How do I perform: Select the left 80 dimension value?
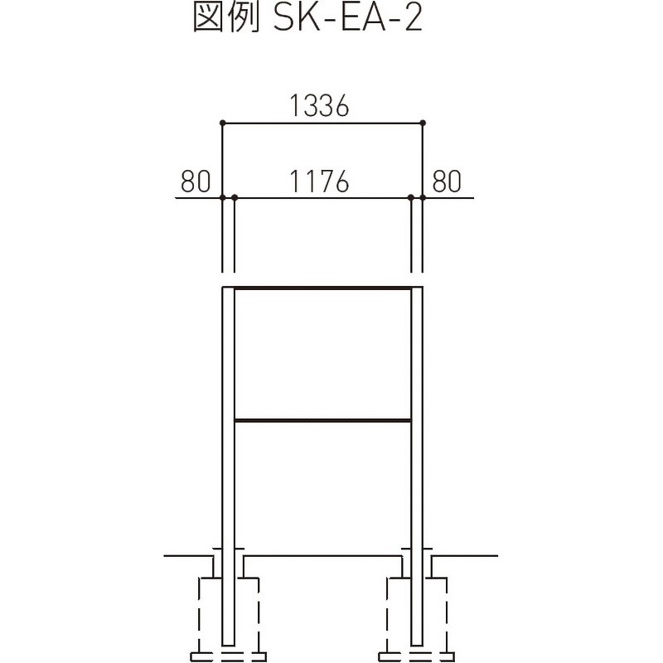[196, 181]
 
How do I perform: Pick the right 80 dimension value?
[446, 181]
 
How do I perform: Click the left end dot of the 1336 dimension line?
[222, 123]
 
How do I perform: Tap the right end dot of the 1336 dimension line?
[423, 123]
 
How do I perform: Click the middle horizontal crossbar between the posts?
[323, 421]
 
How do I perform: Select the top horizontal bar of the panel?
[323, 288]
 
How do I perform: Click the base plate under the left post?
[229, 656]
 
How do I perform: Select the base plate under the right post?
[418, 656]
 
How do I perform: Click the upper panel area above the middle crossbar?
[323, 355]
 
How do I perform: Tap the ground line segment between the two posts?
[323, 554]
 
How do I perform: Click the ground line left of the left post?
[186, 554]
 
